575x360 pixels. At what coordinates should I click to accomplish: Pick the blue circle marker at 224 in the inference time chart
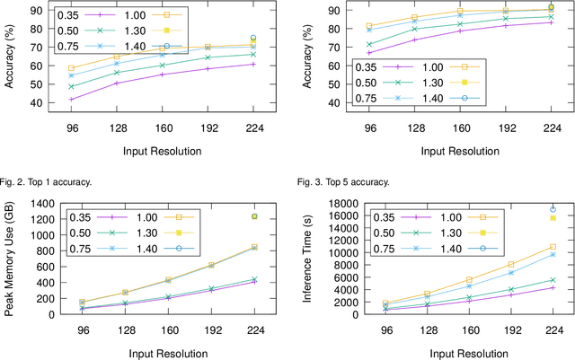tap(552, 210)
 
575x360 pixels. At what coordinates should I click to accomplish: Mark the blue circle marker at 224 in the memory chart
tap(253, 216)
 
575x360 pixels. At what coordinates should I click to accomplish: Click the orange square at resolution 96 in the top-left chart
tap(71, 67)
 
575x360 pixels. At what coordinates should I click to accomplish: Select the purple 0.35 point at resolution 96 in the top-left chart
tap(71, 100)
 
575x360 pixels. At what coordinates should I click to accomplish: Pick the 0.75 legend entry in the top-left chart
tap(86, 46)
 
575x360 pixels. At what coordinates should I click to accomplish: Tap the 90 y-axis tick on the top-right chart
tap(333, 10)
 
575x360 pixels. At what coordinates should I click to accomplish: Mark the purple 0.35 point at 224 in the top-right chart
tap(552, 22)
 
